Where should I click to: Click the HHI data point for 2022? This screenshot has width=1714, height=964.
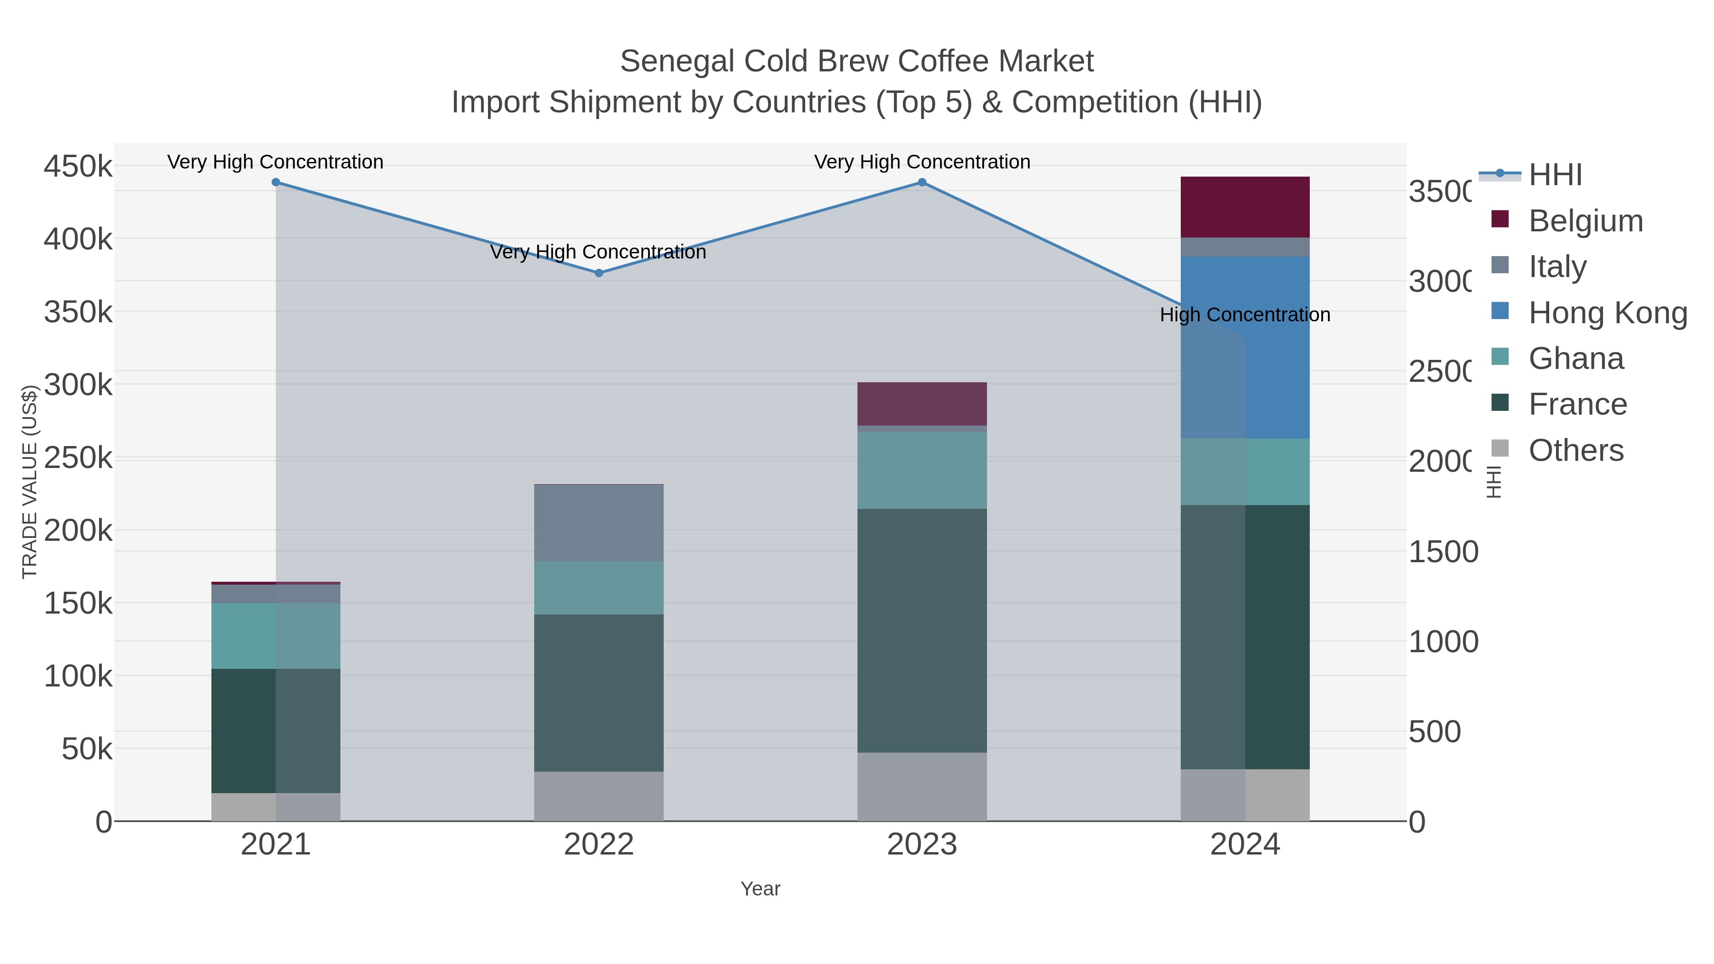point(599,273)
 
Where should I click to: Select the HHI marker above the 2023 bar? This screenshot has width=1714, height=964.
point(922,182)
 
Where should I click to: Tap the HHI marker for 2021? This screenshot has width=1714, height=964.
point(276,182)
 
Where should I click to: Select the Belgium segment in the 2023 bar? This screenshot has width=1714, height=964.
point(922,404)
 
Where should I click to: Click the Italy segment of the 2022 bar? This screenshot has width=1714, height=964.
point(599,523)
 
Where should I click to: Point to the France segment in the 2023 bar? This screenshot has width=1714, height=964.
point(922,631)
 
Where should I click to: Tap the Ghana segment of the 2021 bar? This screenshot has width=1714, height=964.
point(276,636)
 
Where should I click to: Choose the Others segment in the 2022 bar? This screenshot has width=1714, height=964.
point(599,796)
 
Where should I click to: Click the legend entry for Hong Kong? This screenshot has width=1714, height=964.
point(1607,313)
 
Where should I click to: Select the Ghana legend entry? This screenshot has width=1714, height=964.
point(1575,358)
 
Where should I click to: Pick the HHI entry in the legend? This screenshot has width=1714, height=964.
point(1555,175)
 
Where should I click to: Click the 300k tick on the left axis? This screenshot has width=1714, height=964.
point(78,385)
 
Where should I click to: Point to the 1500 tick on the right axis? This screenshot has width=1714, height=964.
point(1443,552)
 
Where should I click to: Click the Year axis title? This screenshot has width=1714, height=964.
point(760,889)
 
